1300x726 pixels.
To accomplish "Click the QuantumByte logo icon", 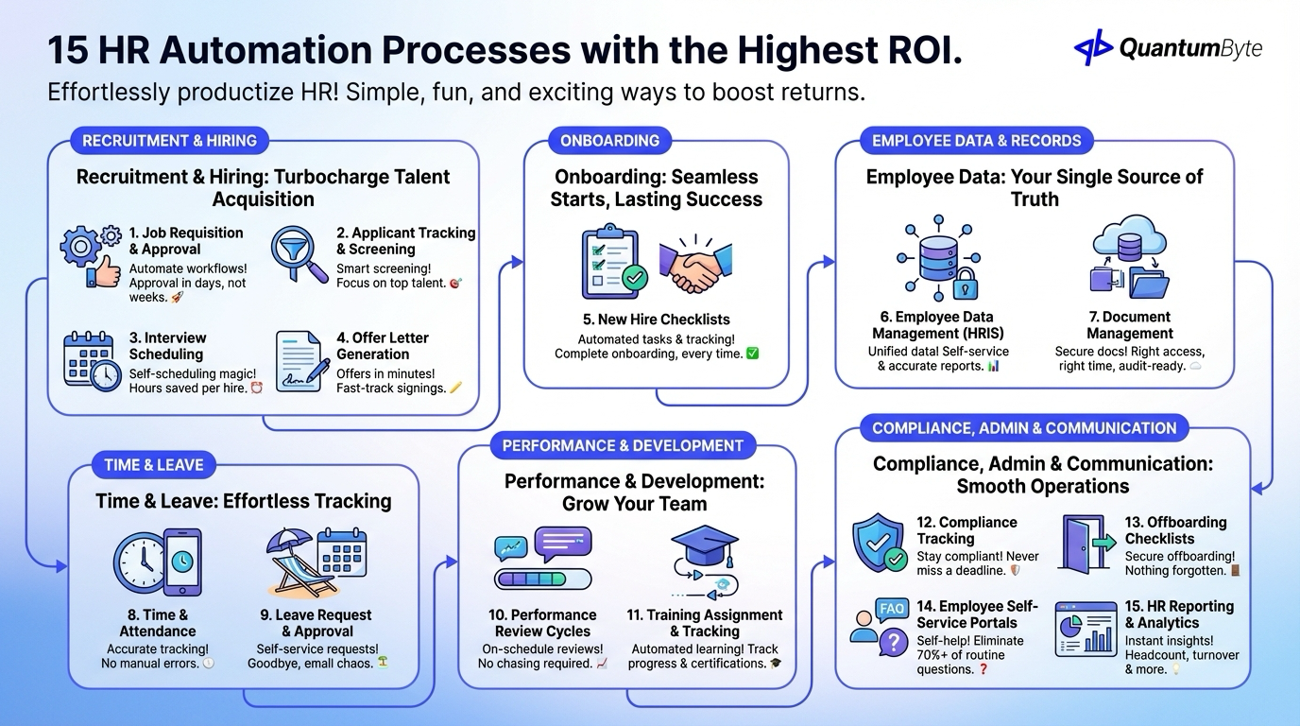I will (1093, 47).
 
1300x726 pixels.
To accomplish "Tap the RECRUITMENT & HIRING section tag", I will (169, 141).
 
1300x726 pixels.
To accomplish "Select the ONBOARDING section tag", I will (609, 141).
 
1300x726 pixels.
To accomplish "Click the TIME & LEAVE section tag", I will (153, 464).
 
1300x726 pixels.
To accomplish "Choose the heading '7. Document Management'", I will (1129, 325).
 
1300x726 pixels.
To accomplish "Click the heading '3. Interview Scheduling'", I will (167, 346).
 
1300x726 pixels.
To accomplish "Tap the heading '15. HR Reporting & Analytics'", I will (1179, 614).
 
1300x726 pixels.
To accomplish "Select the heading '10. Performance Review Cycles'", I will (542, 623).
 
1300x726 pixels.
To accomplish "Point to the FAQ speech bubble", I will (891, 609).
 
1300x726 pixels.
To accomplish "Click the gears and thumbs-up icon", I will (91, 254).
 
